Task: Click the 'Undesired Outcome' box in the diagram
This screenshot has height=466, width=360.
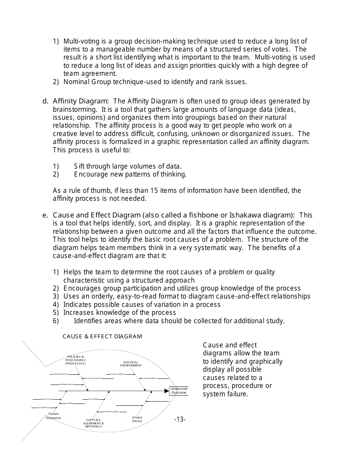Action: (178, 391)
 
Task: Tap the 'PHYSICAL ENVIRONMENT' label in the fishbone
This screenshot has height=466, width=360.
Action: (131, 364)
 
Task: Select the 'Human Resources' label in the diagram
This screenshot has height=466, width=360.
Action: (53, 416)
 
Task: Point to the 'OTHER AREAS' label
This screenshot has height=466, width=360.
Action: (137, 419)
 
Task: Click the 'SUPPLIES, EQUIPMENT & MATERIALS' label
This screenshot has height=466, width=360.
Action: (94, 423)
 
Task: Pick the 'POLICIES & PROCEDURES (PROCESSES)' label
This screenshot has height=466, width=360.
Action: (75, 360)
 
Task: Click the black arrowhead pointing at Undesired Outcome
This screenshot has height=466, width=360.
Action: (166, 391)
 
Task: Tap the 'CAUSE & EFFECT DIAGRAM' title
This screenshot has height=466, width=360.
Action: (102, 336)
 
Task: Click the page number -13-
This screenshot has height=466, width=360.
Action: (180, 419)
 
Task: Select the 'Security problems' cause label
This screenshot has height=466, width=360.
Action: (149, 378)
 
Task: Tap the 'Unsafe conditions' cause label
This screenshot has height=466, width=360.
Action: (117, 374)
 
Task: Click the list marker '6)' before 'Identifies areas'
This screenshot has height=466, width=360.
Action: (56, 321)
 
